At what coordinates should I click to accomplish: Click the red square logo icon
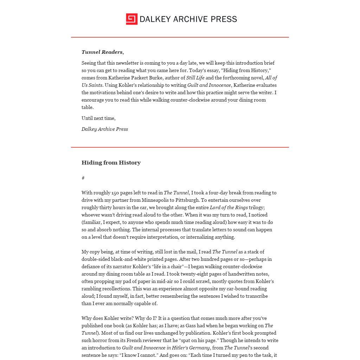click(131, 19)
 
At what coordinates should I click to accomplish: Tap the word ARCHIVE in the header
click(191, 19)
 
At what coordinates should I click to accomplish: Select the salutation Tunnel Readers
click(102, 52)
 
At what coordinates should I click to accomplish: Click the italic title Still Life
click(195, 78)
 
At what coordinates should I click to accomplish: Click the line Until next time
click(98, 118)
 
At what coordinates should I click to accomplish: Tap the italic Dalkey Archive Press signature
click(105, 129)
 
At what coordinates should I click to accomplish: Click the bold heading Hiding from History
click(111, 162)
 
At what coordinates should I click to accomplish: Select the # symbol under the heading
click(83, 178)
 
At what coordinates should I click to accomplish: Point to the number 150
click(116, 193)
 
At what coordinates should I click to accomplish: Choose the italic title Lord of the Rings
click(229, 207)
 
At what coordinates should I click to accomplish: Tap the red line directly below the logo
click(180, 37)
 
